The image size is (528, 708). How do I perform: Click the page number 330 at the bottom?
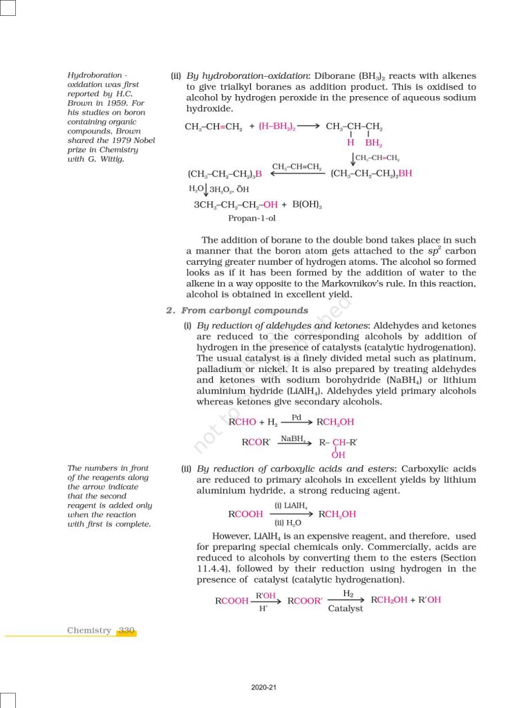126,630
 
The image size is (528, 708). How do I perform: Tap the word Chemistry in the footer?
89,630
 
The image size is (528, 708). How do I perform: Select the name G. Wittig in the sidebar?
105,160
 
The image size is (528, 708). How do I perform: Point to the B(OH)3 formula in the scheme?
308,205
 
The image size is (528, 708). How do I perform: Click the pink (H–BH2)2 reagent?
277,127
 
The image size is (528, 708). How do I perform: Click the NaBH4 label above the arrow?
293,438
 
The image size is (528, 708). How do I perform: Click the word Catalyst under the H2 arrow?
345,608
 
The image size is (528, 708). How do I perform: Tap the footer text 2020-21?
264,687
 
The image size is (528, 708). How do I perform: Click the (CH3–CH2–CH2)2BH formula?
371,174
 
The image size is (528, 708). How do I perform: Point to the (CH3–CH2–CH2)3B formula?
225,174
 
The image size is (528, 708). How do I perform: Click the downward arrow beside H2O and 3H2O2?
206,189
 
